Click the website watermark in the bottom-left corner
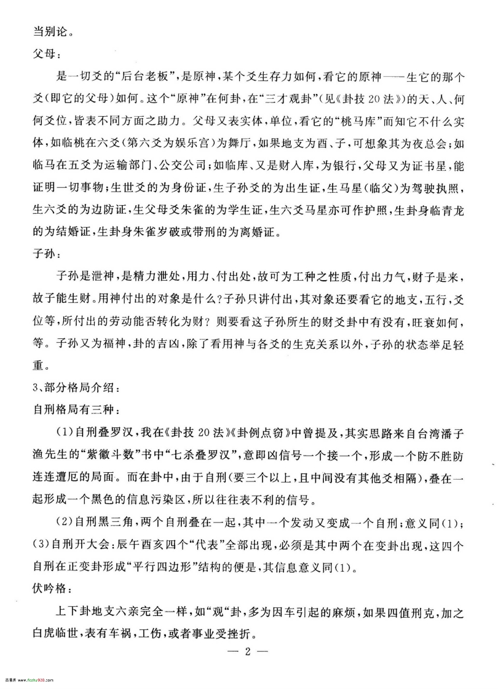[25, 681]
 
